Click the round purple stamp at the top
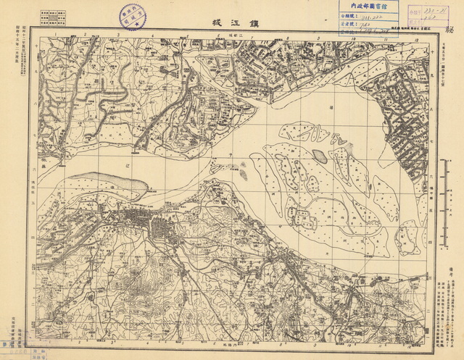click(x=133, y=15)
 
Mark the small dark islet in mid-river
click(x=320, y=155)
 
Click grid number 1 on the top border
click(x=55, y=33)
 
